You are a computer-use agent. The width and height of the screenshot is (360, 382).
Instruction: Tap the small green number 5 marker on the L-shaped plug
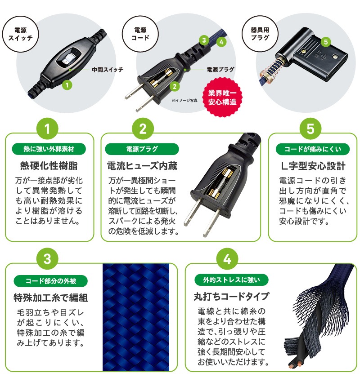pos(327,42)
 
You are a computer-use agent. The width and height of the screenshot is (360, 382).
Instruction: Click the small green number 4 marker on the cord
pos(221,42)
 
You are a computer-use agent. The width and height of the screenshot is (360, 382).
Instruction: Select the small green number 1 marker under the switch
pos(67,84)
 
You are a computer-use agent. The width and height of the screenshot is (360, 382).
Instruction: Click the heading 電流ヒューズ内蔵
pos(142,166)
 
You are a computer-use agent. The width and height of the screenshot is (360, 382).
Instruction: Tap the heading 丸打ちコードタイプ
pos(231,297)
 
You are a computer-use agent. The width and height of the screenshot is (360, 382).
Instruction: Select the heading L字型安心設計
pos(313,166)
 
